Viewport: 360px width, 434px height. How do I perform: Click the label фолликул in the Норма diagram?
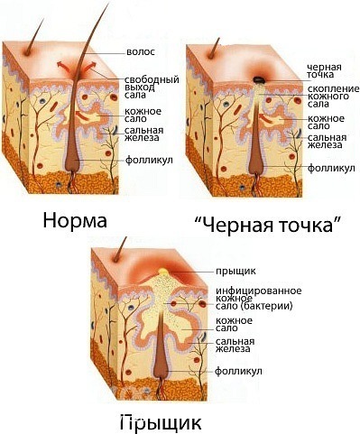pos(144,161)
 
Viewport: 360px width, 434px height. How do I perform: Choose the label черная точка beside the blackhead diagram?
pos(322,72)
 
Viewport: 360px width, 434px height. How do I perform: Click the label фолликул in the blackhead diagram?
pos(324,167)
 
